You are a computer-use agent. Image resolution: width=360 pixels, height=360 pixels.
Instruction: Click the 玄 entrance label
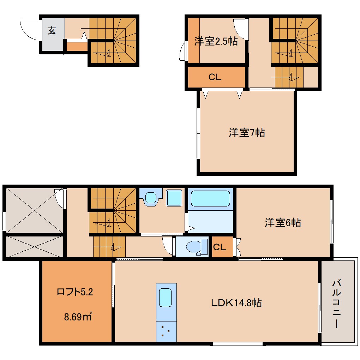tap(52, 31)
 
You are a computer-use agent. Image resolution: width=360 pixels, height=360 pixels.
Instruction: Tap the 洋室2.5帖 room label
tap(216, 42)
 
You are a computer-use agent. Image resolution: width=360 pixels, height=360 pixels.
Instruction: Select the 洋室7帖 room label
tap(247, 133)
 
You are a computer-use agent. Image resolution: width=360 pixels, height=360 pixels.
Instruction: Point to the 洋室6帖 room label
tap(283, 223)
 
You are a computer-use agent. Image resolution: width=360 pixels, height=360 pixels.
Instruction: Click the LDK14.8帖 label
tap(236, 302)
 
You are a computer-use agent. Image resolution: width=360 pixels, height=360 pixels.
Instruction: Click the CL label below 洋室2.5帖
tap(215, 77)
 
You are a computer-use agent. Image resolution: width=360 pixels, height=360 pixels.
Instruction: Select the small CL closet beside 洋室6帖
tap(219, 247)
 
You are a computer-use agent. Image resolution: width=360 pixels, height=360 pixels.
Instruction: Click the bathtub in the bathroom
tap(210, 198)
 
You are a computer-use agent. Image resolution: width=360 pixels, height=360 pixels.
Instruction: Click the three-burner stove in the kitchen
tap(166, 331)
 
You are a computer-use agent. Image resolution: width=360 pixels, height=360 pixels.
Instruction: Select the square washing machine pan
tap(173, 198)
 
